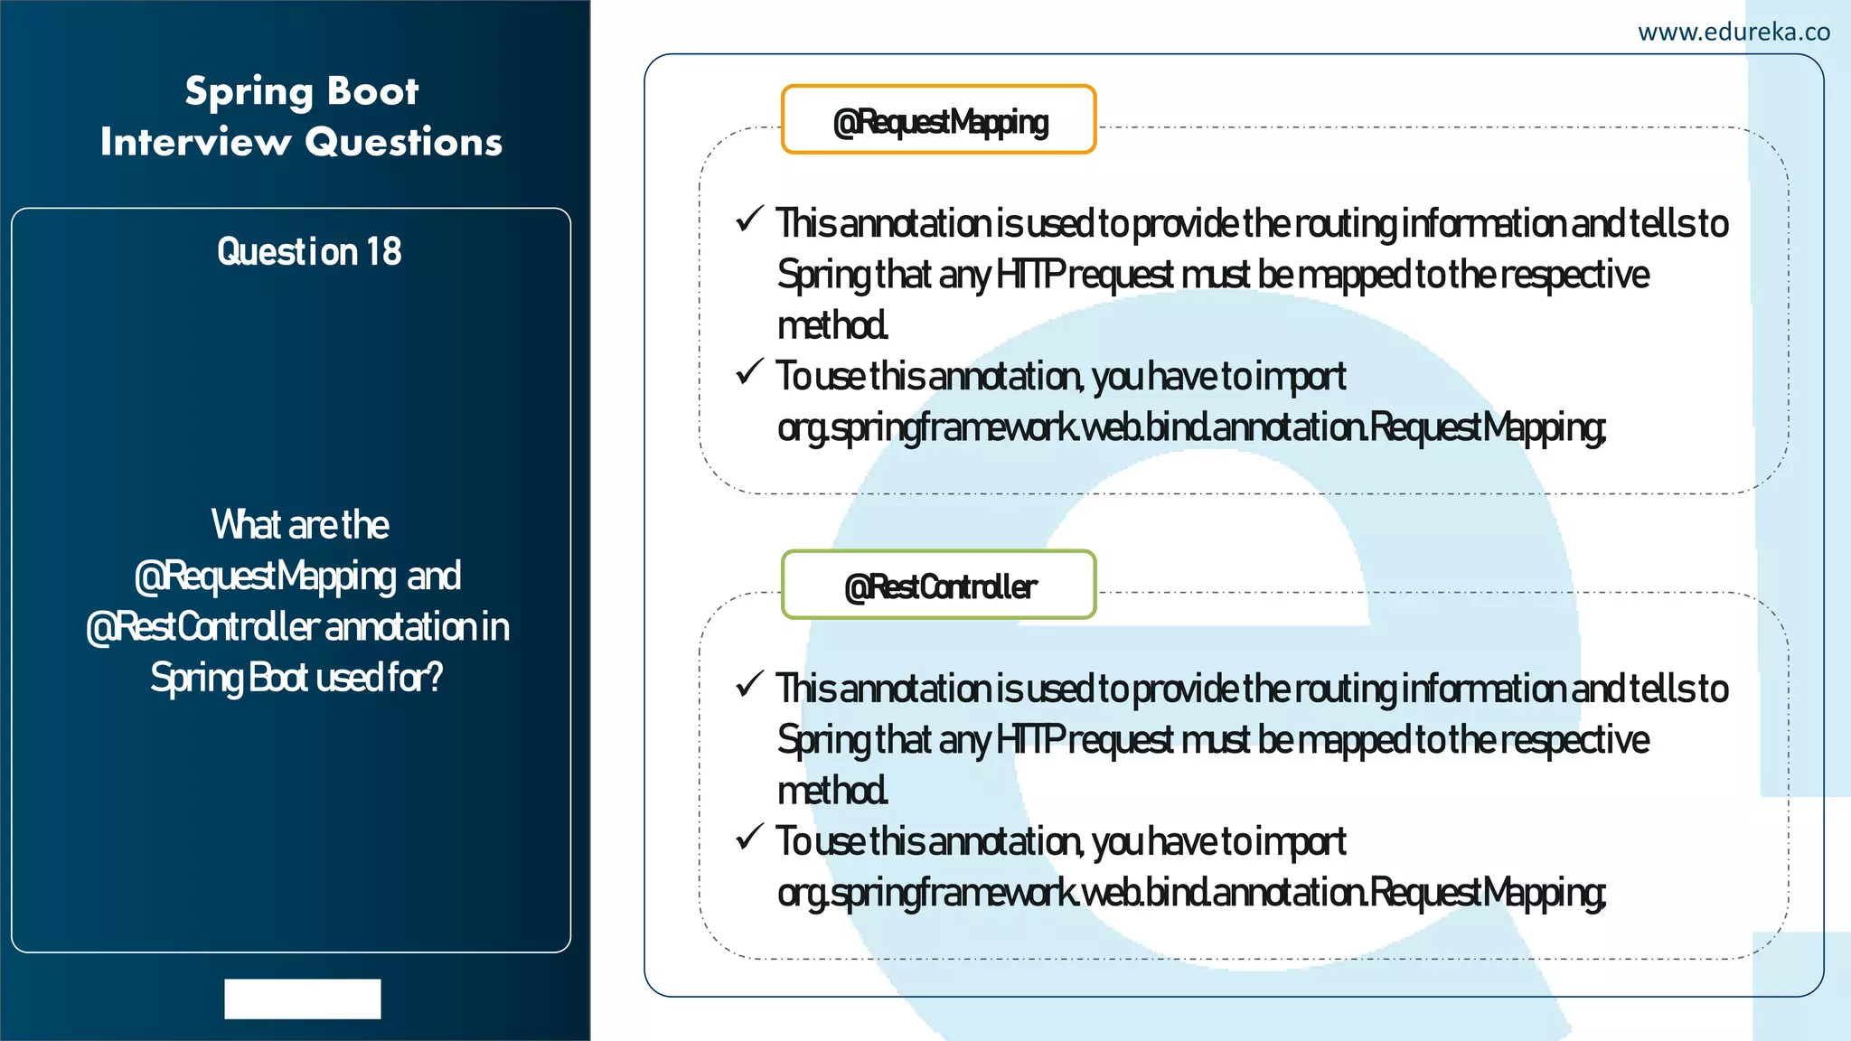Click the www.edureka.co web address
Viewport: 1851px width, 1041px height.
[x=1734, y=33]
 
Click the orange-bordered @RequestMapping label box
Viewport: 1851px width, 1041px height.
[x=939, y=120]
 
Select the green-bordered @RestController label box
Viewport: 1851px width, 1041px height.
[x=939, y=586]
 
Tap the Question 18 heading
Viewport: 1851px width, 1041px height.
[x=309, y=251]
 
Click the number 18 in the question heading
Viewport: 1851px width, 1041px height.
[x=384, y=251]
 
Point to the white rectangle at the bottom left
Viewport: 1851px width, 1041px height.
[x=303, y=999]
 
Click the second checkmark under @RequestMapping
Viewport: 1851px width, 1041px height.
[x=750, y=371]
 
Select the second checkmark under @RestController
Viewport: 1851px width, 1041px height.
[x=750, y=837]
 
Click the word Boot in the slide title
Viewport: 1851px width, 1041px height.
[x=372, y=91]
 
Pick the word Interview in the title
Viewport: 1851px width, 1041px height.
[x=195, y=142]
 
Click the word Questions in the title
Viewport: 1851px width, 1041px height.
[x=403, y=142]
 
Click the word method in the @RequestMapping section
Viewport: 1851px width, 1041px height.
[x=832, y=325]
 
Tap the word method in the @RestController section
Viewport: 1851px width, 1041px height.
[x=832, y=791]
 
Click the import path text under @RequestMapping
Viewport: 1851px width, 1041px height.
[x=1191, y=427]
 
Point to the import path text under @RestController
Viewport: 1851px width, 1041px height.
[x=1191, y=893]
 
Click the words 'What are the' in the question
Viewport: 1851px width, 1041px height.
[x=300, y=524]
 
